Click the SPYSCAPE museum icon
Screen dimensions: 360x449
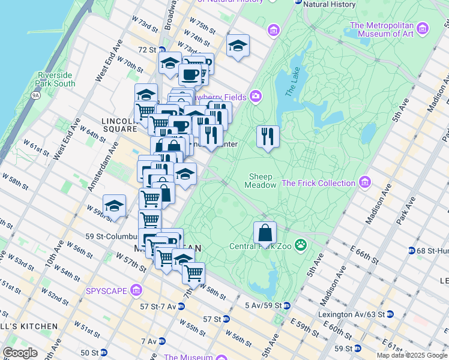coord(136,291)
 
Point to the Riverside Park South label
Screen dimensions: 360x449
coord(55,79)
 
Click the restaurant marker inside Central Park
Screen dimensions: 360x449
coord(268,136)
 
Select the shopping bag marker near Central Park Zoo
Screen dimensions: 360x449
coord(265,233)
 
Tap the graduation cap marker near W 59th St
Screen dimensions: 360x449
coord(114,206)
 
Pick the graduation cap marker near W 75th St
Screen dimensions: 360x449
coord(238,46)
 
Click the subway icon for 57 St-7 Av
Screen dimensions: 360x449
coord(181,307)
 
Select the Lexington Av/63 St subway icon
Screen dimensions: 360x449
coord(390,314)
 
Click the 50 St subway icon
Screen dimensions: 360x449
coord(103,352)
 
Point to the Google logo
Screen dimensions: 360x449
coord(20,353)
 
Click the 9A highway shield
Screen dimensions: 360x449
coord(35,95)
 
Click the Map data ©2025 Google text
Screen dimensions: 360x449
coord(412,355)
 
